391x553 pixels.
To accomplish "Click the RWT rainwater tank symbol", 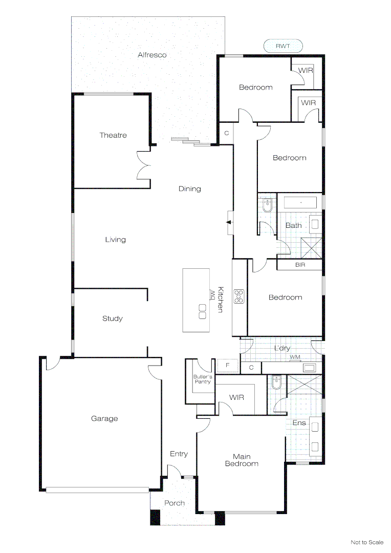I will (x=283, y=46).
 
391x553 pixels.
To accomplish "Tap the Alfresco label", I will (x=152, y=55).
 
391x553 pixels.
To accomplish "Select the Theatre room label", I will (x=113, y=135).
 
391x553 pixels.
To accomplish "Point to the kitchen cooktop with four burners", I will (x=239, y=296).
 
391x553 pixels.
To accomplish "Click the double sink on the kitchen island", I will (x=202, y=311).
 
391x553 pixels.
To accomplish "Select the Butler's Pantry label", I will (x=202, y=379).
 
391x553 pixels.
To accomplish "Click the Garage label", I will (x=104, y=418).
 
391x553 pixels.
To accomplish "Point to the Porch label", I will (x=175, y=503).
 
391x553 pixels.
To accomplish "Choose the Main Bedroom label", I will (x=242, y=460).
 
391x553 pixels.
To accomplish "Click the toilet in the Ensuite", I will (x=276, y=382).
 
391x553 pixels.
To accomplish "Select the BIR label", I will (x=300, y=265).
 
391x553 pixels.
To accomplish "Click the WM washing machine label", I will (x=295, y=357).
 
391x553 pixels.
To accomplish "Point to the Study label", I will (x=113, y=318).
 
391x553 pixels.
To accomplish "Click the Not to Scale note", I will (x=367, y=542).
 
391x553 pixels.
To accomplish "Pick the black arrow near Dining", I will (x=229, y=222).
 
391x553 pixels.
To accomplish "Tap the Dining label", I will (x=189, y=188).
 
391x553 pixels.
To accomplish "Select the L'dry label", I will (x=283, y=348).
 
